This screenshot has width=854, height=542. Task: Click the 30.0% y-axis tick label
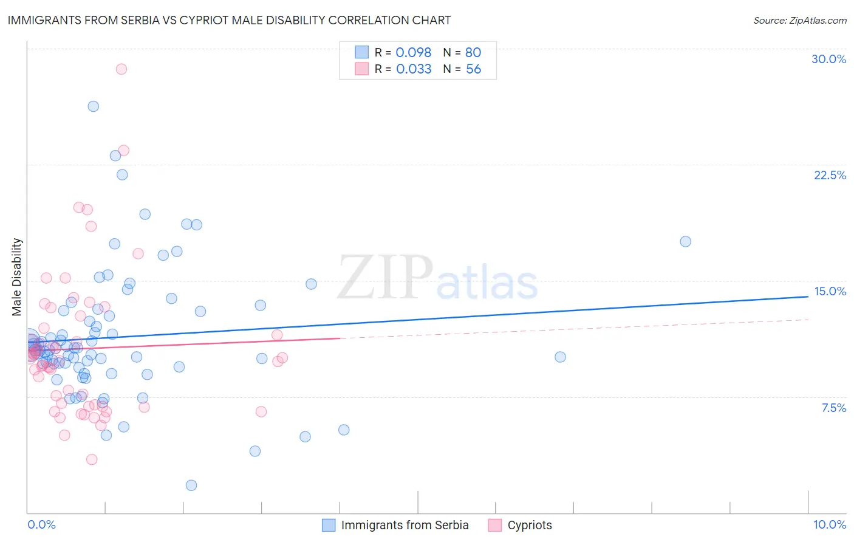[x=828, y=59]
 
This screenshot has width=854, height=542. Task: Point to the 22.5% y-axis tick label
[x=830, y=175]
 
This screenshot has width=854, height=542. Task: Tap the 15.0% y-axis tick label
[x=830, y=291]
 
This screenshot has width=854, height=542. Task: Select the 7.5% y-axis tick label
[x=833, y=408]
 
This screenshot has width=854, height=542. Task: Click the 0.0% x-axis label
[x=41, y=524]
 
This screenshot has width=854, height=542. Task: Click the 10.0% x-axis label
[x=829, y=524]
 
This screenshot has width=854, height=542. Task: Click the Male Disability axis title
[x=17, y=276]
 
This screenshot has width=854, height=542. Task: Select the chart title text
[x=229, y=20]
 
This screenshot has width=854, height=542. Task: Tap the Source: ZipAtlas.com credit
[x=799, y=20]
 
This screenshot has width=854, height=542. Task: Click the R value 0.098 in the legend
[x=413, y=53]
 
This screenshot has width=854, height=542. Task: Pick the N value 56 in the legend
[x=473, y=69]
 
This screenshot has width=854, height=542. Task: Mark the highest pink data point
[x=121, y=69]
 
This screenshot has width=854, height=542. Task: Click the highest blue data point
[x=93, y=106]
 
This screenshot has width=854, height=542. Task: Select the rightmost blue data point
[x=685, y=242]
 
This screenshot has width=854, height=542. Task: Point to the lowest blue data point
[x=191, y=485]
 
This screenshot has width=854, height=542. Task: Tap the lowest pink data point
[x=92, y=459]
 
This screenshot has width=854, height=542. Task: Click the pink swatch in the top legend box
[x=361, y=69]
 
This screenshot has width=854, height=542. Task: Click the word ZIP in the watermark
[x=384, y=278]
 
